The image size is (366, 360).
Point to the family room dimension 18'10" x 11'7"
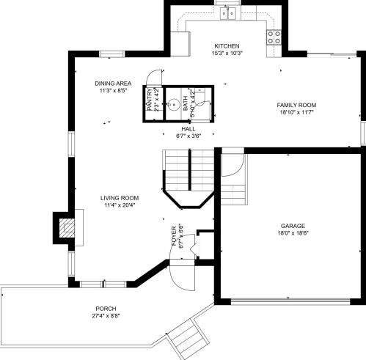tap(296, 113)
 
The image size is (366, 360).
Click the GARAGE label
tap(292, 225)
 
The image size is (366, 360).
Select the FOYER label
tap(174, 236)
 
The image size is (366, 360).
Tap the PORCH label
tap(106, 308)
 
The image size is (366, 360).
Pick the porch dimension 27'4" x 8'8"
tap(106, 316)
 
